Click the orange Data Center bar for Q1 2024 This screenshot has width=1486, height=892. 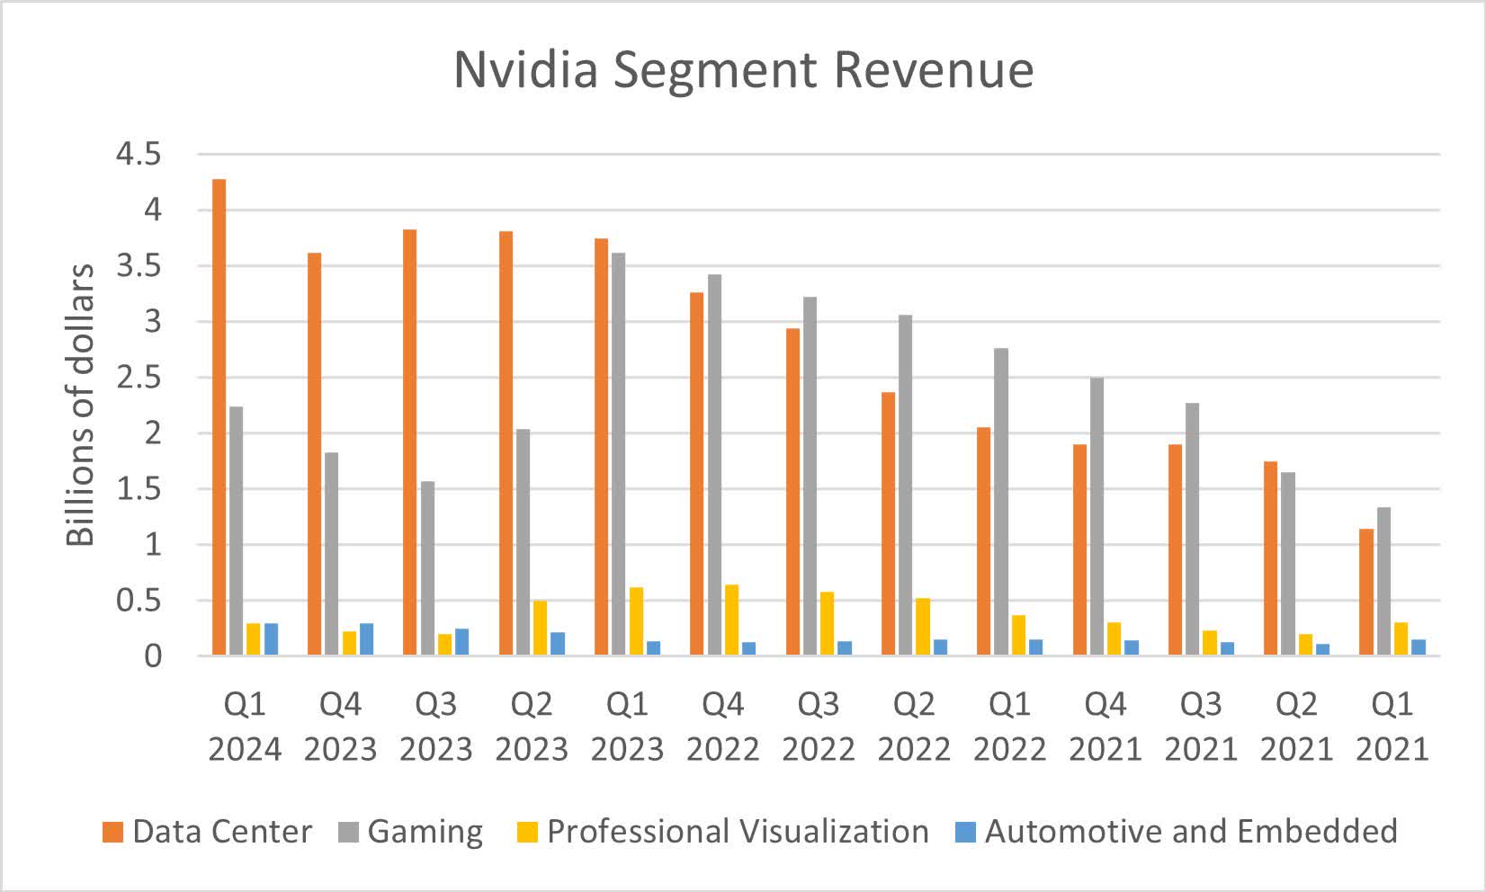[219, 417]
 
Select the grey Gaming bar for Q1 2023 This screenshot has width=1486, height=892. [618, 454]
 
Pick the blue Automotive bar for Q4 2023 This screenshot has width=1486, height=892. [366, 639]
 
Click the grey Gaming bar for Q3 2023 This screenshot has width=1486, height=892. [427, 568]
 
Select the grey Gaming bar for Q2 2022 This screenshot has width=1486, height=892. [905, 485]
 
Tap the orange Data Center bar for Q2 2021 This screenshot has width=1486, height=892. [1270, 558]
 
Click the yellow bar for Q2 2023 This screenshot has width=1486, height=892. [540, 628]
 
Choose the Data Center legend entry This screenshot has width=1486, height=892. [208, 832]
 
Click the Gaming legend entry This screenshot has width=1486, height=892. [411, 832]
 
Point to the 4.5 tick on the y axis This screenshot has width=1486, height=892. [138, 155]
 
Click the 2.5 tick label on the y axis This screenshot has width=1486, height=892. [138, 378]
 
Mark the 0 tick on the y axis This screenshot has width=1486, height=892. [153, 656]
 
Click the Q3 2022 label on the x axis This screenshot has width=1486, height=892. [819, 727]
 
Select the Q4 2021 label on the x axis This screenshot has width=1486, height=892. [1105, 727]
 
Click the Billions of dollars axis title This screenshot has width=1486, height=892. [81, 405]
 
